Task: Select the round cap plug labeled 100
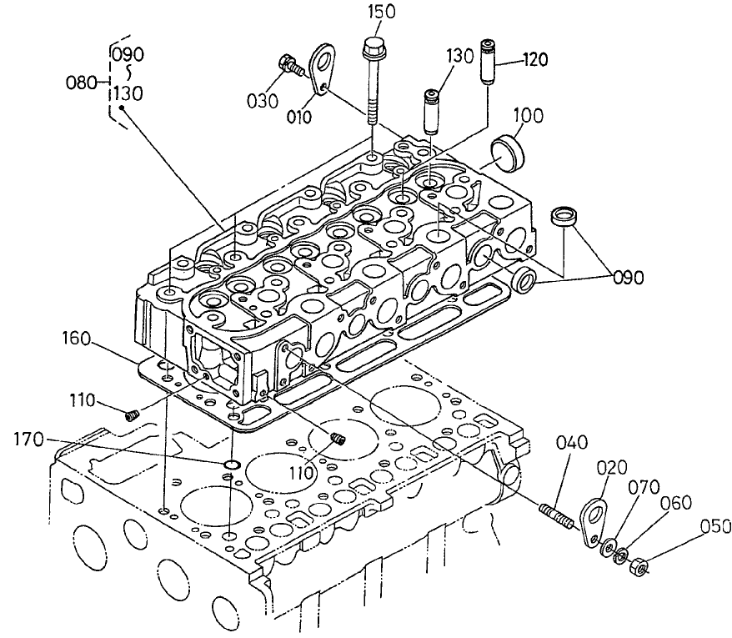(x=506, y=151)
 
